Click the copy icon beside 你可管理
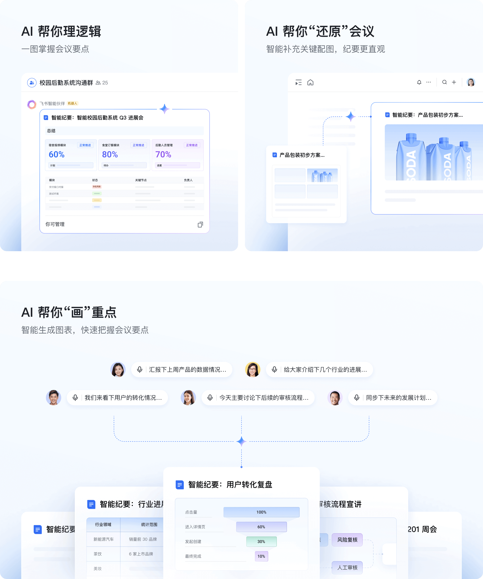click(x=200, y=224)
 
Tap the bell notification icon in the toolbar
click(x=419, y=82)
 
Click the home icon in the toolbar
click(x=310, y=82)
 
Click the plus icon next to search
click(x=454, y=82)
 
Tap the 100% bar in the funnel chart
click(x=261, y=512)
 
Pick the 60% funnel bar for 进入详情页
click(x=261, y=527)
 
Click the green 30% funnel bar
click(x=261, y=542)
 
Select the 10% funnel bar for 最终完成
click(x=261, y=556)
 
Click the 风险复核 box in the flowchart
click(x=347, y=540)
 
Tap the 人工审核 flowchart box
click(x=347, y=568)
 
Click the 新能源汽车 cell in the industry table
click(x=104, y=539)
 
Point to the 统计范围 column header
click(x=149, y=525)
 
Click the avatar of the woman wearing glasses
click(x=253, y=370)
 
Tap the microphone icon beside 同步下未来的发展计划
click(x=357, y=398)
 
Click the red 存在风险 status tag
click(x=97, y=187)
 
